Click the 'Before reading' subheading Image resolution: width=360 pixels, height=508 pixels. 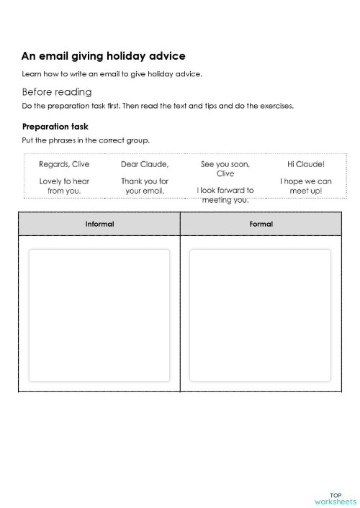(x=57, y=91)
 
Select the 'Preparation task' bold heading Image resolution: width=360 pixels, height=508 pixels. (x=55, y=127)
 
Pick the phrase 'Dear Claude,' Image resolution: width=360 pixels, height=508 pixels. (x=145, y=164)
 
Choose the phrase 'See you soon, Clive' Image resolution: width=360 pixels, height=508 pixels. (x=225, y=168)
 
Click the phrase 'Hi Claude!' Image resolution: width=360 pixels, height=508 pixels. (x=305, y=164)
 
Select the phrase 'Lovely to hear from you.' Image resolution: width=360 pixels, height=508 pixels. (x=64, y=186)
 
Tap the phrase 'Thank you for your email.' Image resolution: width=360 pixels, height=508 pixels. (x=145, y=186)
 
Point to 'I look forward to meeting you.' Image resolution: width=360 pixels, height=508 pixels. (x=225, y=195)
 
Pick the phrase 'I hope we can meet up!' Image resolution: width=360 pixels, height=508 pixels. (x=305, y=186)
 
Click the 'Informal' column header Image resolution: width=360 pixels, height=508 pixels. (x=99, y=224)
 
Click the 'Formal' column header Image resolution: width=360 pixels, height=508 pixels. (x=261, y=224)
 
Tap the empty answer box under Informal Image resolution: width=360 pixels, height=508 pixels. (x=99, y=314)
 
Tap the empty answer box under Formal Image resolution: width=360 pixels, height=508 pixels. (x=261, y=314)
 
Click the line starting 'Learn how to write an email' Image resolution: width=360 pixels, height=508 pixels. (x=112, y=74)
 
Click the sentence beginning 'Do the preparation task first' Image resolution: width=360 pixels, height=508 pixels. (x=158, y=106)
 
